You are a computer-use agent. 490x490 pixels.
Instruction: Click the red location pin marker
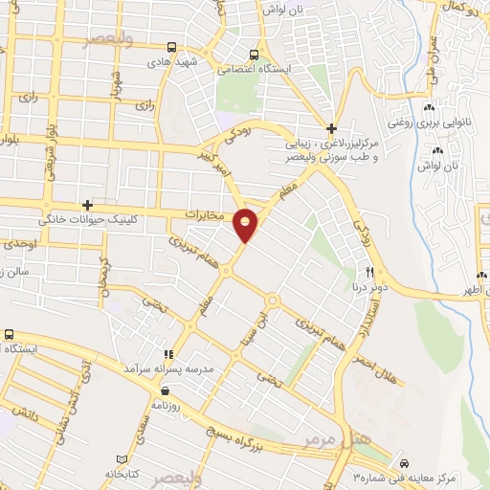247,224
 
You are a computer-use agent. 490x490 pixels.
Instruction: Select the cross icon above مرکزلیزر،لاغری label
331,128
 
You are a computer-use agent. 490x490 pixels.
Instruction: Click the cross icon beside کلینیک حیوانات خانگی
88,204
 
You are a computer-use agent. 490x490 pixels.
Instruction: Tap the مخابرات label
203,214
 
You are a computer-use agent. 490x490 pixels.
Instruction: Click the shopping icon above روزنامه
166,390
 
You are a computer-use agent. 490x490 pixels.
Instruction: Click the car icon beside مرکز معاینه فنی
405,461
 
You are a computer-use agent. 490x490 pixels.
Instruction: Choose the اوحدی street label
20,246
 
